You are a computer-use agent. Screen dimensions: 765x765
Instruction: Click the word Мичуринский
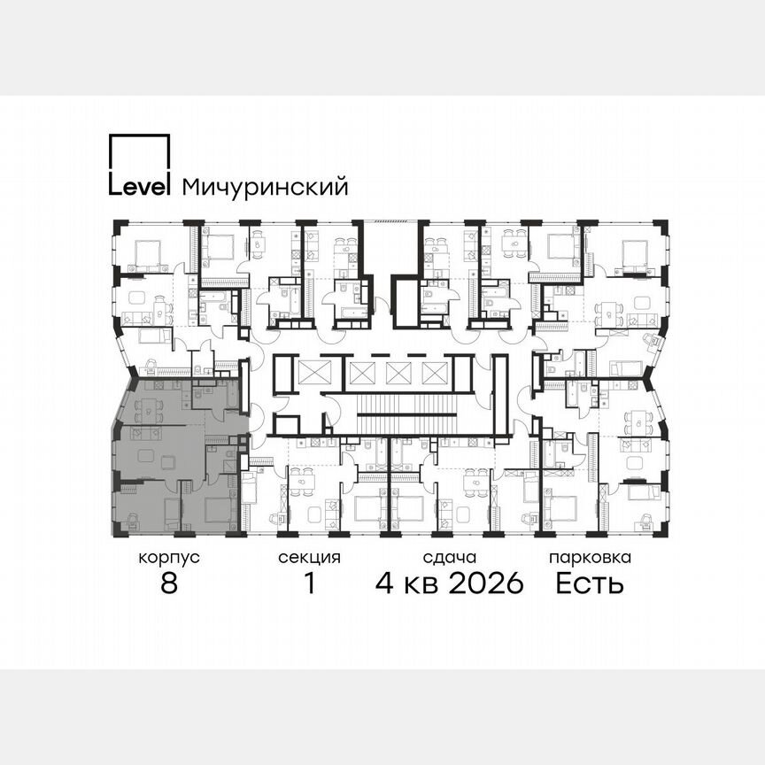pyautogui.click(x=264, y=187)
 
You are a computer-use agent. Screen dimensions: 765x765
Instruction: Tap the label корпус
pyautogui.click(x=169, y=558)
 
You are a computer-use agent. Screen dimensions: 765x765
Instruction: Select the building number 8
pyautogui.click(x=169, y=584)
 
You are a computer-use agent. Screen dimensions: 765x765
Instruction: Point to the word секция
pyautogui.click(x=309, y=558)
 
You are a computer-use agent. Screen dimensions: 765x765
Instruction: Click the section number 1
pyautogui.click(x=309, y=584)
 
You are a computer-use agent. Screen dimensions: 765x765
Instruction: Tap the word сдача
pyautogui.click(x=450, y=558)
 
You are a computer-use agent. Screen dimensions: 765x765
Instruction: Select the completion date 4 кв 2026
pyautogui.click(x=450, y=584)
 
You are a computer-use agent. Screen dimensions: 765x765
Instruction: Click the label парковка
pyautogui.click(x=590, y=558)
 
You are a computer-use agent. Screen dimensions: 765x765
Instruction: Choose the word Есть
pyautogui.click(x=590, y=584)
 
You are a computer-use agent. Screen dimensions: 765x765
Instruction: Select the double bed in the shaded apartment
pyautogui.click(x=217, y=510)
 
